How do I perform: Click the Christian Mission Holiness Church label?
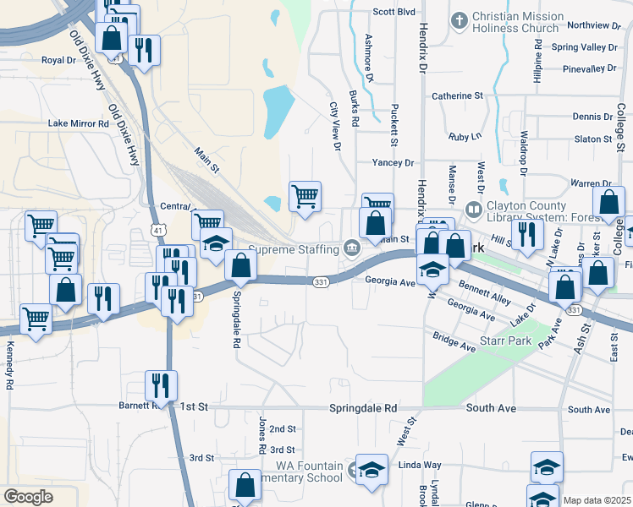coord(517,22)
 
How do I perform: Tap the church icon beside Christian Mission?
coord(460,19)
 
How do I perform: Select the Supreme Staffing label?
coord(293,249)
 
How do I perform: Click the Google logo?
coord(28,497)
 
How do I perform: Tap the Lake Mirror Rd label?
coord(79,123)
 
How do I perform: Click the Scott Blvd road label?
coord(394,12)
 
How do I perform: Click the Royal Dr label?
coord(59,61)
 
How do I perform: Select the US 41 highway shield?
coord(158,230)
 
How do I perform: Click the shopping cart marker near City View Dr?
coord(305,198)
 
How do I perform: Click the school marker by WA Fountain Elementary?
coord(372,471)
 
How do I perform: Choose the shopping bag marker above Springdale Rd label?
coord(242,267)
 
